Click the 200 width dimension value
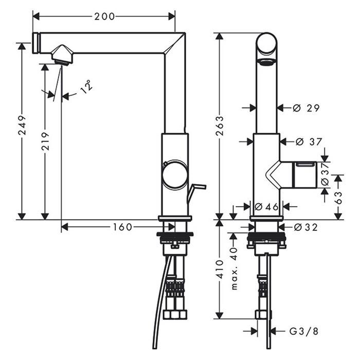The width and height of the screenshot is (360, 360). [104, 16]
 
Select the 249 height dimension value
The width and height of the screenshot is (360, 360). [22, 125]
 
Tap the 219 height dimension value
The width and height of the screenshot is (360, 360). [45, 141]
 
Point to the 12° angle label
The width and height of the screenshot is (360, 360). [86, 86]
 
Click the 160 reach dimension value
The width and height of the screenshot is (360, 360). [122, 227]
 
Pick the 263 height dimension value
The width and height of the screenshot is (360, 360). [220, 126]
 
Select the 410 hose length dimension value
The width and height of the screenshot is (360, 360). [220, 269]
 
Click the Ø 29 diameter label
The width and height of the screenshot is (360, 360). [306, 108]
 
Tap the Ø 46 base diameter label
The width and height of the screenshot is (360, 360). [266, 207]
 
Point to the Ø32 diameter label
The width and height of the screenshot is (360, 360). [305, 227]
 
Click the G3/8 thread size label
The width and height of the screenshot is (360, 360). [304, 331]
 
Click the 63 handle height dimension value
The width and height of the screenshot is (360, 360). [338, 197]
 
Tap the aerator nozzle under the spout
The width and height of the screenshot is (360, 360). [62, 55]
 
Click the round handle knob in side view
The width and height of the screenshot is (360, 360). [175, 174]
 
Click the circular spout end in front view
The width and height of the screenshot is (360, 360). [266, 44]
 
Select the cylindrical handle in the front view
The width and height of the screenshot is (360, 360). [299, 175]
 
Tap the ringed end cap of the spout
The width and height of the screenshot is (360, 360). [37, 43]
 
